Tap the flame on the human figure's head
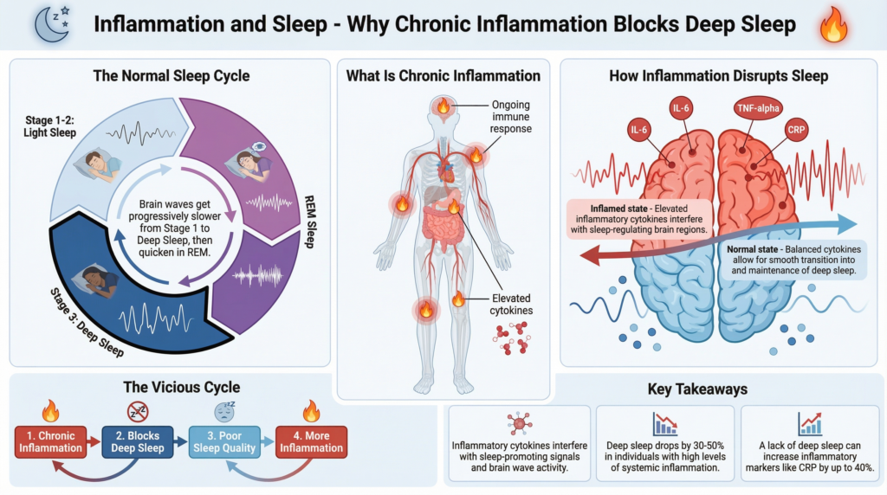click(443, 107)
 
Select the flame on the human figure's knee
click(425, 307)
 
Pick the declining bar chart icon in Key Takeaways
click(664, 423)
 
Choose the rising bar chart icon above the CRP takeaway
click(811, 423)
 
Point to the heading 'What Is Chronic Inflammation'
click(443, 76)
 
